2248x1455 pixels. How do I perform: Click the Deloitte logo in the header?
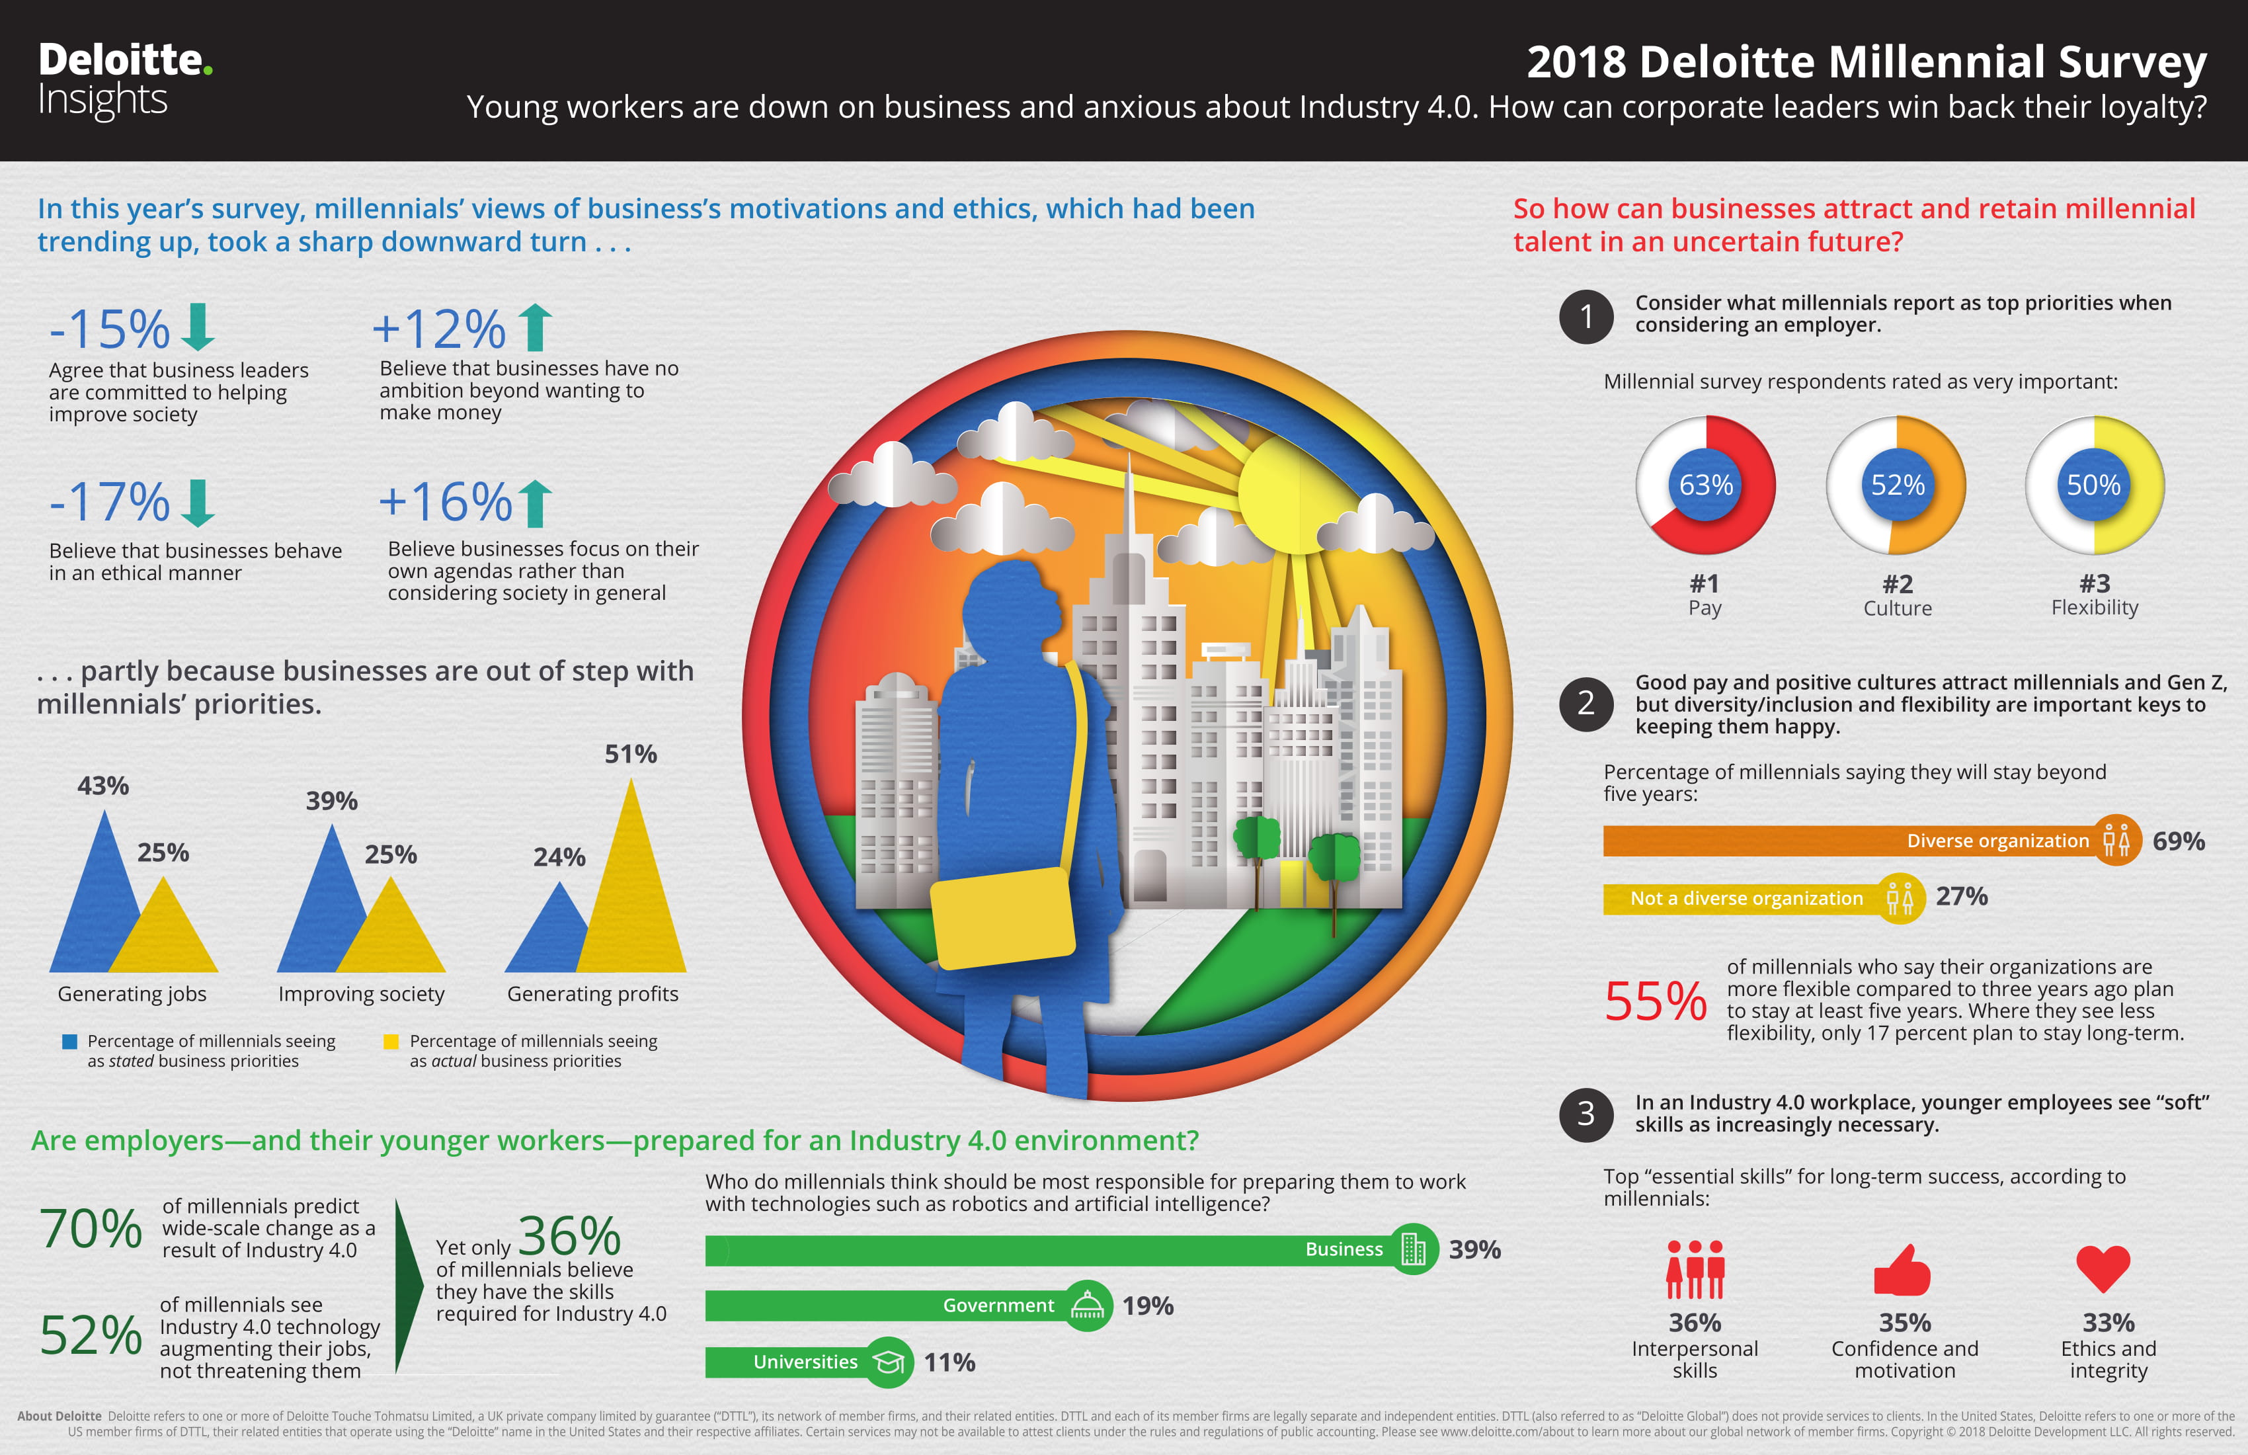(x=125, y=80)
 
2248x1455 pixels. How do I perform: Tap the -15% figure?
(x=110, y=329)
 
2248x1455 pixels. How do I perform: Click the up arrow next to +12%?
(x=535, y=327)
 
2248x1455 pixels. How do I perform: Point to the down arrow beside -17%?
(x=198, y=503)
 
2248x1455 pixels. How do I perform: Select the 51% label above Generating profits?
(x=631, y=754)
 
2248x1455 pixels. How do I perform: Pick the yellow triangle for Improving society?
(x=391, y=926)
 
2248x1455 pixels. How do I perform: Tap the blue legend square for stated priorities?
(x=69, y=1041)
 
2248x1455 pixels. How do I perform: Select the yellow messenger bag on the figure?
(x=1003, y=919)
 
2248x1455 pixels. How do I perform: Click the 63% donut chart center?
(x=1706, y=485)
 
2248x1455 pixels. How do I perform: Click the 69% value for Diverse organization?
(x=2178, y=841)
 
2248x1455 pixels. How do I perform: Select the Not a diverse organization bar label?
(x=1746, y=899)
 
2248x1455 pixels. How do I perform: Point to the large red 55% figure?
(x=1656, y=1001)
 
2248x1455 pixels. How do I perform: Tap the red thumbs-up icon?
(x=1902, y=1269)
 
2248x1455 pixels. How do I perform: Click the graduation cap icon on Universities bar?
(x=889, y=1362)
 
